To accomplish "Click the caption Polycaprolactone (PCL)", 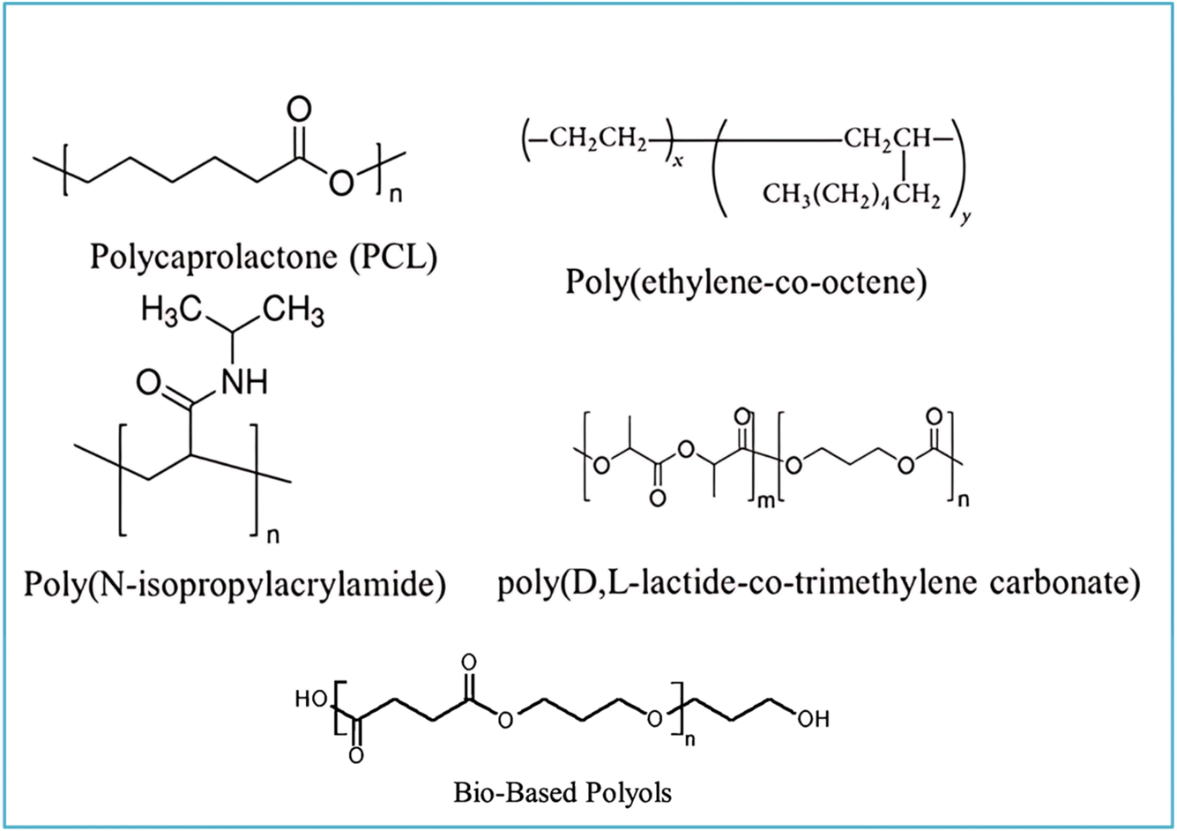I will pos(263,259).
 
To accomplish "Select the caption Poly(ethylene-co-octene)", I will pos(746,284).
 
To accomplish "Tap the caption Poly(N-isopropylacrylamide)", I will pos(235,584).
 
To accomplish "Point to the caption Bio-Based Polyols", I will pos(562,791).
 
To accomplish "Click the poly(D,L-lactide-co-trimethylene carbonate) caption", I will pos(817,584).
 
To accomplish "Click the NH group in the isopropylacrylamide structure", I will pos(242,382).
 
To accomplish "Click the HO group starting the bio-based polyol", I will pos(311,699).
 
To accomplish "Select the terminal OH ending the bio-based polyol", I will pos(812,720).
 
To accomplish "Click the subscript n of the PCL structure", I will pos(395,196).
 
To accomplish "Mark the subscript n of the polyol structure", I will pos(690,739).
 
